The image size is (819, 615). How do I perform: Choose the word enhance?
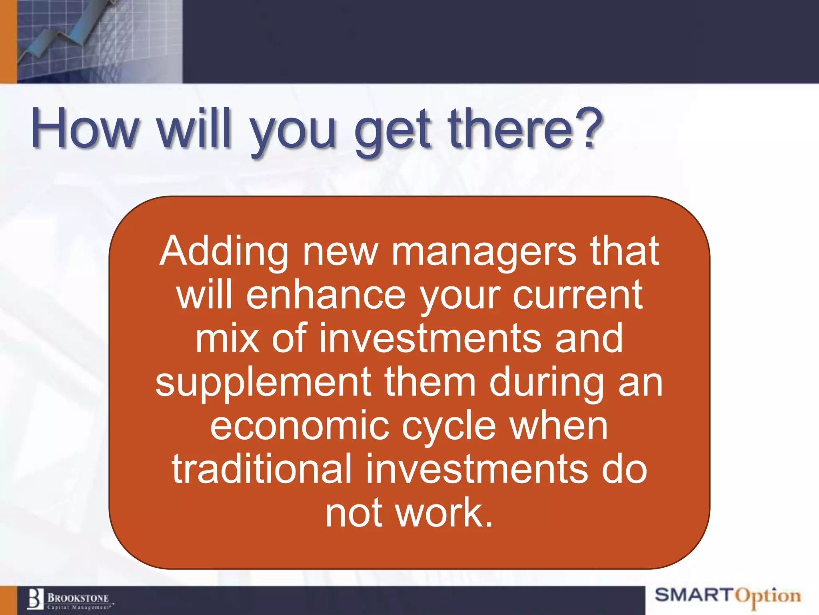point(326,295)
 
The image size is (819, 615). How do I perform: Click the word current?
point(577,295)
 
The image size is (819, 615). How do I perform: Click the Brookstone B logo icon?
point(35,599)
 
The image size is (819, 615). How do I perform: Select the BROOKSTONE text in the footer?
point(78,598)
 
